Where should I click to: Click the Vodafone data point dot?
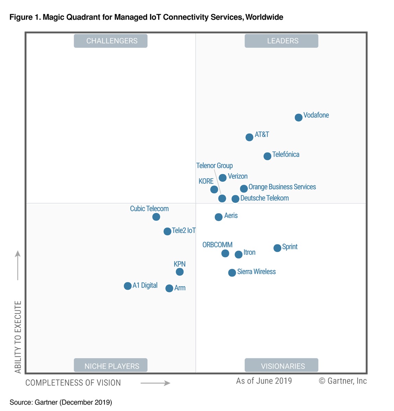click(298, 117)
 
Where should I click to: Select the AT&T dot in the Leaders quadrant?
click(249, 137)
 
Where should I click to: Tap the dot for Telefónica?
click(267, 156)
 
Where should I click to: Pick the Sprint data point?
click(277, 248)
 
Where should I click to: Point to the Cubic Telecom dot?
click(156, 217)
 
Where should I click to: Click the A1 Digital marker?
click(127, 286)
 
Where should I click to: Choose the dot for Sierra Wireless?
click(232, 273)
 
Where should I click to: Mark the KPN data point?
click(180, 272)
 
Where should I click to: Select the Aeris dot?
click(219, 217)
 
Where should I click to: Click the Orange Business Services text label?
click(282, 187)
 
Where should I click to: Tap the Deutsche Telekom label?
click(264, 198)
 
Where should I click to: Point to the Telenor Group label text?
click(214, 165)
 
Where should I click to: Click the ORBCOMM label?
click(218, 245)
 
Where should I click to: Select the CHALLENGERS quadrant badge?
click(110, 41)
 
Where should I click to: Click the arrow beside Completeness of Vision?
click(155, 383)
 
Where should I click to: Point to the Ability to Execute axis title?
click(18, 337)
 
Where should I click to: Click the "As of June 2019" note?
click(264, 381)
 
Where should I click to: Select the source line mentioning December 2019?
click(61, 402)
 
